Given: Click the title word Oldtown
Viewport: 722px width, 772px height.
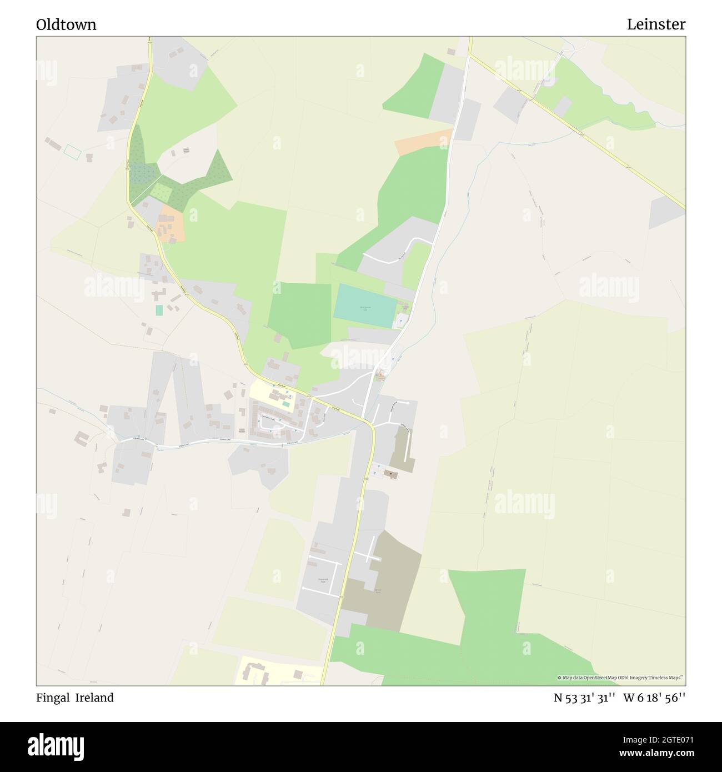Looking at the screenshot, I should click(x=66, y=24).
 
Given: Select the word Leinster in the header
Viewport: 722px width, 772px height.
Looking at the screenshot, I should click(x=656, y=24).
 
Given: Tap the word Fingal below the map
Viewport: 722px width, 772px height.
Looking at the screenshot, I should click(x=52, y=698).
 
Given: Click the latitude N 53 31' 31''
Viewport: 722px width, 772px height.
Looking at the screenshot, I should click(x=584, y=698).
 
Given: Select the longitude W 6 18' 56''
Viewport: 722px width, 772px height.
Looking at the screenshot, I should click(x=654, y=698).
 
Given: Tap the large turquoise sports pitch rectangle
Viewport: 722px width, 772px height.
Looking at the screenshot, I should click(x=365, y=305).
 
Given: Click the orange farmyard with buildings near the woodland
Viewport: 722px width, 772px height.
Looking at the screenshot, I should click(x=171, y=225).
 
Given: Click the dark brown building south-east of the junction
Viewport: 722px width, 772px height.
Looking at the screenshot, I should click(x=390, y=475).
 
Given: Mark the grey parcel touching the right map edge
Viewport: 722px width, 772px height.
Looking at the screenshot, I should click(x=666, y=214).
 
